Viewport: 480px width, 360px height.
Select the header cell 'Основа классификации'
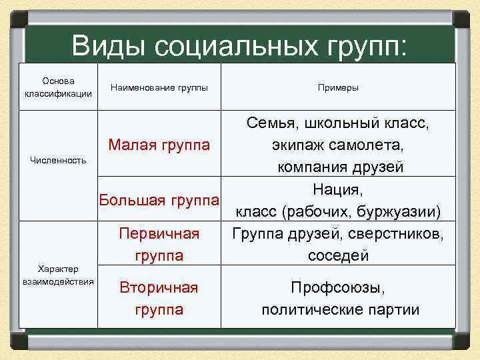pos(59,87)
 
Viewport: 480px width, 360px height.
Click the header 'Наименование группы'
pos(159,87)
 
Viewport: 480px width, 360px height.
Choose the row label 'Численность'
pos(59,160)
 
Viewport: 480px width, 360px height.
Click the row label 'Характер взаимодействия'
pos(59,275)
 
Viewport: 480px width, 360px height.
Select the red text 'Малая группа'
pos(159,145)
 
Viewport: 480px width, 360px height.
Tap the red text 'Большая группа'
pos(159,199)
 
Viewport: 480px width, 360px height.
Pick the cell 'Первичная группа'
pos(159,244)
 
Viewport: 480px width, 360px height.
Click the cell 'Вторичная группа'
pos(159,298)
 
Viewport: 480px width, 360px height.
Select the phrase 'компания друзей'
pos(340,167)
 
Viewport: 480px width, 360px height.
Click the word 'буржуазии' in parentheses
pos(399,212)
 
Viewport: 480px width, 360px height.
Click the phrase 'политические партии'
pos(340,309)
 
